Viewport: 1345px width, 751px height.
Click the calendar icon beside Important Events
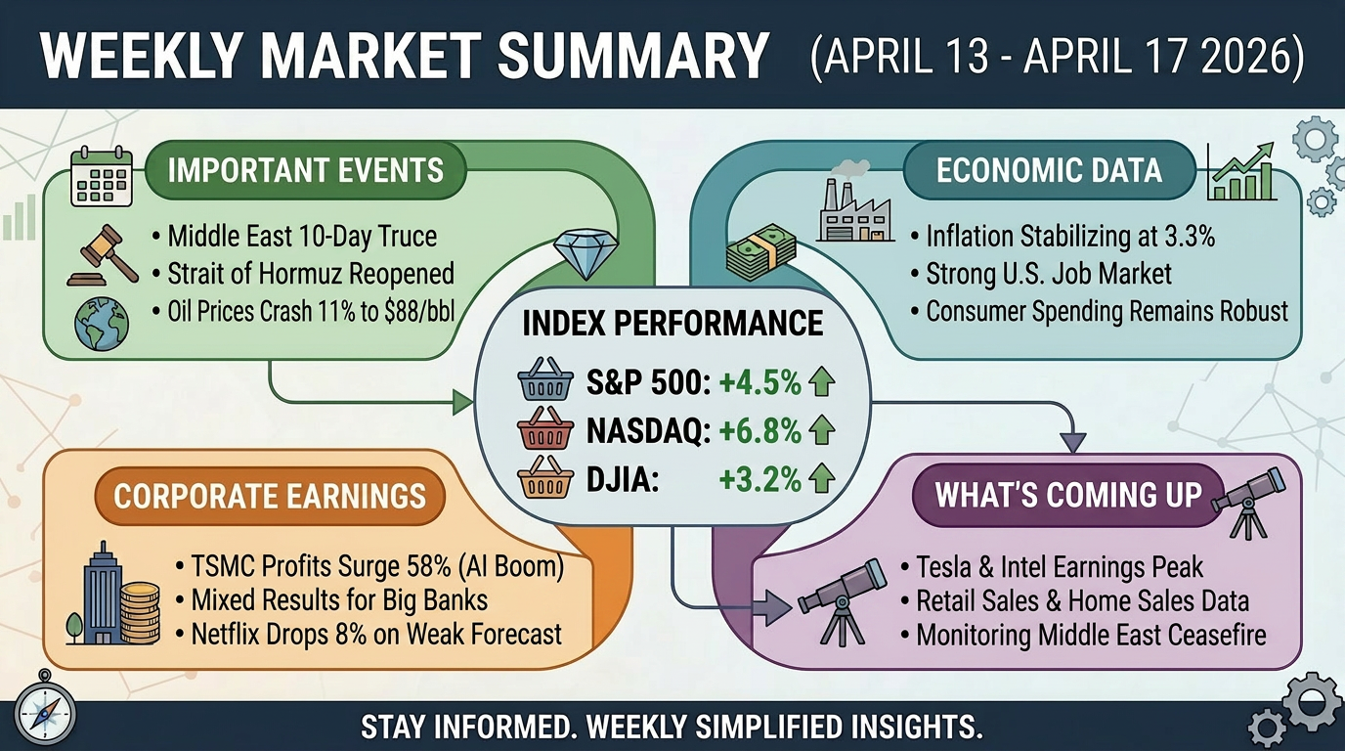[101, 177]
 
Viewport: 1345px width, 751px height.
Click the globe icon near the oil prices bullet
[102, 324]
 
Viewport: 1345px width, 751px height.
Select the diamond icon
[584, 253]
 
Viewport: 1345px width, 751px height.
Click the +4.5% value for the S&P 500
[759, 383]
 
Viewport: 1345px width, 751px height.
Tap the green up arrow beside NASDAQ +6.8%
[822, 430]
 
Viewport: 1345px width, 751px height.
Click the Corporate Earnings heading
[270, 496]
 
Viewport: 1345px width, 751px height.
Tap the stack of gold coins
[140, 612]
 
